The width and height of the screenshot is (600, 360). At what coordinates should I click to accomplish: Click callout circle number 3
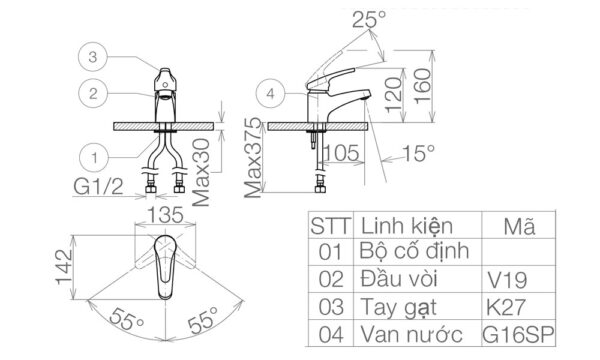tap(92, 58)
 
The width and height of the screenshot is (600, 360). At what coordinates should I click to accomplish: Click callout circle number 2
tap(92, 94)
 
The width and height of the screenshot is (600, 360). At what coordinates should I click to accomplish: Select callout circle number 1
tap(92, 156)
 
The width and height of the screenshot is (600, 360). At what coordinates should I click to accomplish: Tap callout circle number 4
tap(269, 94)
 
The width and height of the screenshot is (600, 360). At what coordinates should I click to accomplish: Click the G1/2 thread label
tap(99, 187)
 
